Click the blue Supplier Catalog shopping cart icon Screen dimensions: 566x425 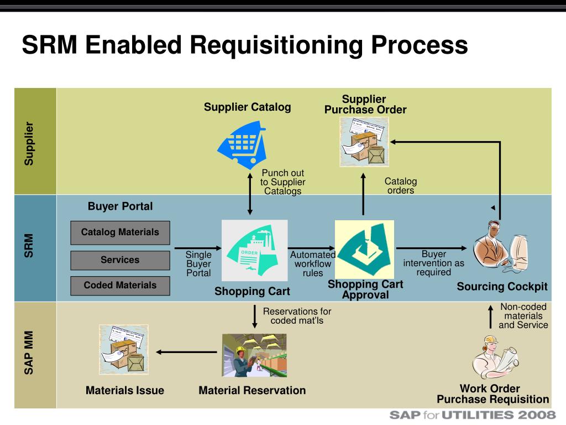tap(242, 145)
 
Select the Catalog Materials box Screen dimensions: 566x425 tap(120, 233)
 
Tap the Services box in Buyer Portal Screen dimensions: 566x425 tap(120, 260)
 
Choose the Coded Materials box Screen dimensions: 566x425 tap(120, 286)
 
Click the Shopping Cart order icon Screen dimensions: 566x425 tap(254, 251)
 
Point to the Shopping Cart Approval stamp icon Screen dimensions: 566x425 tap(365, 250)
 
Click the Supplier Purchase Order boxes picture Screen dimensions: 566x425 tap(364, 142)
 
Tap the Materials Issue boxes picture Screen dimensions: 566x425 tap(124, 350)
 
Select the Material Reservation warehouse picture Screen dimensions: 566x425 tap(254, 355)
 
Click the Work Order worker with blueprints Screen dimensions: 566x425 tap(495, 358)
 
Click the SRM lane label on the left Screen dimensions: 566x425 tap(29, 246)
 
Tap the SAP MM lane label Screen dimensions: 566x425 tap(29, 353)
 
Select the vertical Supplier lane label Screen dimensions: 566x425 tap(29, 143)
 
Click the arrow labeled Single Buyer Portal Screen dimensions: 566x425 tap(198, 248)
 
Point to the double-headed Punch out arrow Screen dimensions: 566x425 tap(250, 194)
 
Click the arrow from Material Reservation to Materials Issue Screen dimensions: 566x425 tap(186, 352)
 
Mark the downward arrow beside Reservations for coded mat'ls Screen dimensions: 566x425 tap(255, 317)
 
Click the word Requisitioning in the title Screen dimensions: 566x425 tap(276, 45)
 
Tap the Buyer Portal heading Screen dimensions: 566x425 tap(120, 206)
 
